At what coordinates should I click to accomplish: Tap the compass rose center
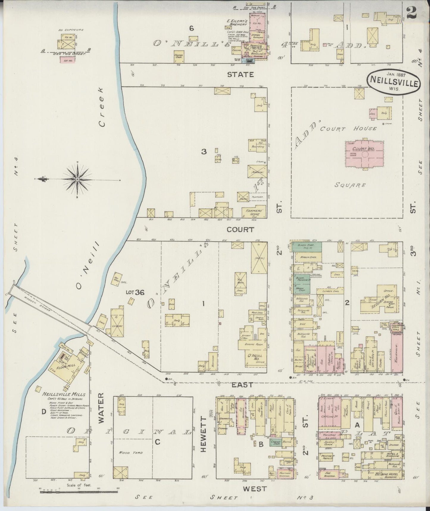tap(77, 179)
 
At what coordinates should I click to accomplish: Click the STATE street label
tap(240, 75)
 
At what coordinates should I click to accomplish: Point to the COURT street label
tap(240, 230)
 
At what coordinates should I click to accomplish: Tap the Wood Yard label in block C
tap(131, 453)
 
